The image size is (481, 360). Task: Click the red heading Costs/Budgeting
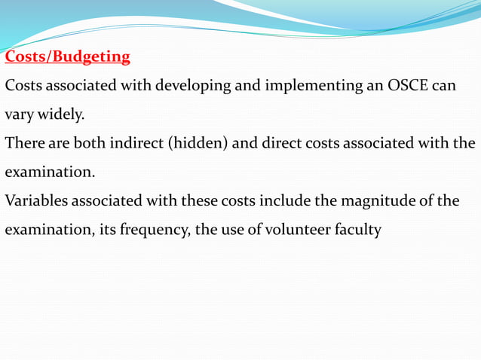[68, 56]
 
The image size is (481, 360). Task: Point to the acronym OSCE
[407, 85]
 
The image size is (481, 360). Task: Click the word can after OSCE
[444, 86]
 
